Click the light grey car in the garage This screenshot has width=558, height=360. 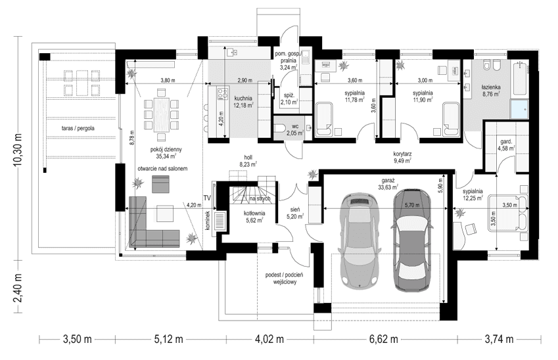pos(359,239)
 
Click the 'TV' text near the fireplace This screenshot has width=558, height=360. pos(207,198)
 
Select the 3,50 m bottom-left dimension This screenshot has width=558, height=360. pos(77,340)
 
